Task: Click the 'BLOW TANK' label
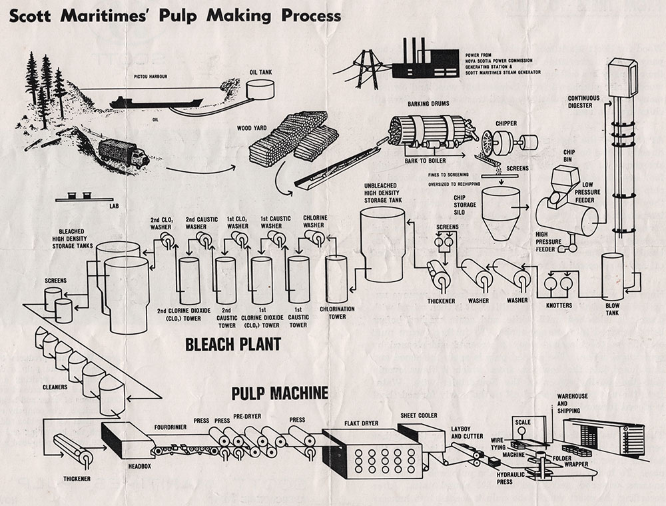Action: click(x=613, y=309)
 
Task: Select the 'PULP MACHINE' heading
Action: click(x=280, y=393)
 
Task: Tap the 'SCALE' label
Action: click(x=523, y=422)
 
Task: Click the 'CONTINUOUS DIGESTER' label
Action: click(x=583, y=101)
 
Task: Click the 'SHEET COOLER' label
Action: click(x=418, y=415)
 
